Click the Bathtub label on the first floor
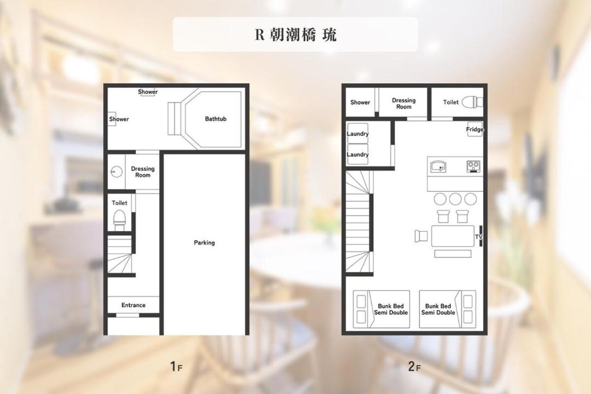pos(216,119)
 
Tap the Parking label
pos(204,242)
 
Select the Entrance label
pos(134,305)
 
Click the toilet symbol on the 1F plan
pos(119,220)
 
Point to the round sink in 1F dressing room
pos(117,171)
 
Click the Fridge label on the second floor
pos(474,129)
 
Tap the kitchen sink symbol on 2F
pos(438,166)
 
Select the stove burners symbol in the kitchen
pos(473,166)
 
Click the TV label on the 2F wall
pos(479,237)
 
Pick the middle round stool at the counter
pos(455,199)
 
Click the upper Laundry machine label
pos(357,134)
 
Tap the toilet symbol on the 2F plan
pos(472,102)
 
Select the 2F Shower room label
pos(360,102)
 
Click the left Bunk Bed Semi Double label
pos(391,309)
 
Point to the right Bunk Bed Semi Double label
pos(438,309)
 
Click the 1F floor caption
pos(176,366)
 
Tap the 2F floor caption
pos(414,366)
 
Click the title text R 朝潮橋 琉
pos(296,34)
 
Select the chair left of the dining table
pos(421,236)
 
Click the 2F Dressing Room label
pos(404,103)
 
